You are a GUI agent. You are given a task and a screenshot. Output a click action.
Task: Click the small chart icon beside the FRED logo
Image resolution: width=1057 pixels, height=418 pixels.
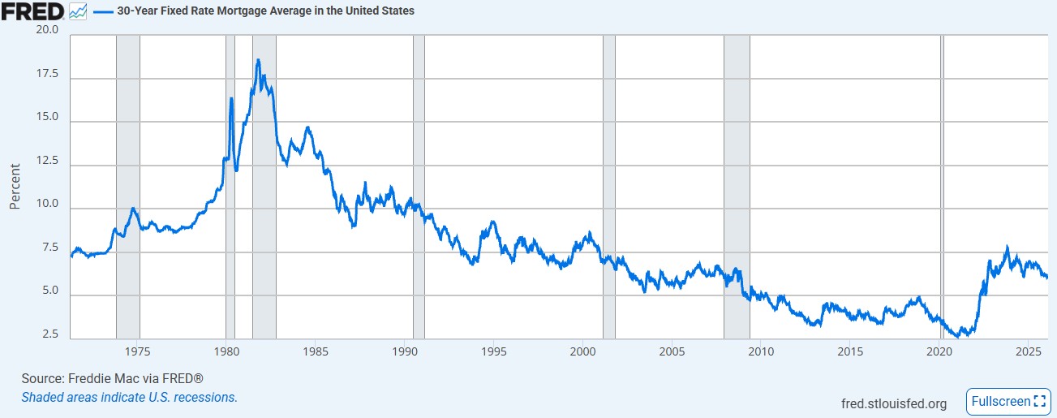79,11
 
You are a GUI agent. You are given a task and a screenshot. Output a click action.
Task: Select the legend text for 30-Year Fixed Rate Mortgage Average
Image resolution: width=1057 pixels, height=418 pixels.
265,11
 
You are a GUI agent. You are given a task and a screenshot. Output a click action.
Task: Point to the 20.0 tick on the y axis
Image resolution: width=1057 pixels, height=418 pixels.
47,30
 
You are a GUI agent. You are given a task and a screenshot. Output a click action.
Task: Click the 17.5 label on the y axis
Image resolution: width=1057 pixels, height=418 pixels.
47,74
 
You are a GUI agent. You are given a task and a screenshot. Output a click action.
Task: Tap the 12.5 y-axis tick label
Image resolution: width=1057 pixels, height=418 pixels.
47,161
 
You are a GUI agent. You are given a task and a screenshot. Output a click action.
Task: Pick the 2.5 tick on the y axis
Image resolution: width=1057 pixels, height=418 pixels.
51,334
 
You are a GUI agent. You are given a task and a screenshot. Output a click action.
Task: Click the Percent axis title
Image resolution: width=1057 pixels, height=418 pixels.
15,187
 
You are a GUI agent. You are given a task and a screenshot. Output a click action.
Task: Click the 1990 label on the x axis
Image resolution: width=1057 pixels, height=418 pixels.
404,351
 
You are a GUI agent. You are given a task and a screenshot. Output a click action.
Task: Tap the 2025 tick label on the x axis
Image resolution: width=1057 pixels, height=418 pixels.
1027,351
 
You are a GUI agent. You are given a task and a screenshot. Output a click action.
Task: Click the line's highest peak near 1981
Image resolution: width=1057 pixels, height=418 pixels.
258,60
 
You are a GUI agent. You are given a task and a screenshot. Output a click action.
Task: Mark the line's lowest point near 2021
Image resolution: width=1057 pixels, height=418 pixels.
958,335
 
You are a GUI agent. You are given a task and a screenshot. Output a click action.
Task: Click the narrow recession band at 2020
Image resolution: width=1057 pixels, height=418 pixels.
942,187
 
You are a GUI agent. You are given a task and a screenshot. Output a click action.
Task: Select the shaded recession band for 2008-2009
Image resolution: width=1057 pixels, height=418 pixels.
736,187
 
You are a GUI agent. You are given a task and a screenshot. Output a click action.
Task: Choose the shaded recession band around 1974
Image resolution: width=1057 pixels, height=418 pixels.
128,187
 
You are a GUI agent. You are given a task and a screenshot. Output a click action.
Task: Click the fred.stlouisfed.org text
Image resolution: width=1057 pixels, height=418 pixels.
895,403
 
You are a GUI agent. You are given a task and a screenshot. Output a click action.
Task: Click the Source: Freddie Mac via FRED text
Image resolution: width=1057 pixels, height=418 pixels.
112,379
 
